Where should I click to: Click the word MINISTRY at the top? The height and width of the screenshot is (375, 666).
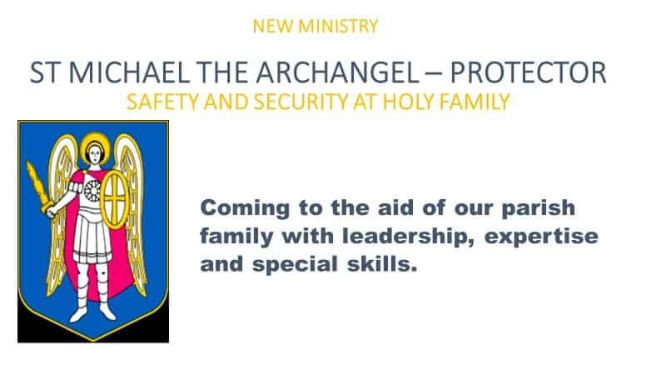pos(338,27)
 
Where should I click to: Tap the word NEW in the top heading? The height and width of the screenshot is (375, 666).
pos(273,27)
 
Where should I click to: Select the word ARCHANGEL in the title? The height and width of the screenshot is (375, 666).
pos(338,72)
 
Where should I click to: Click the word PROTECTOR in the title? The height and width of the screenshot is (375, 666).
pos(528,72)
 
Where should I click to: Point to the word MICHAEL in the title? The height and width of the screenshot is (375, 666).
pos(129,72)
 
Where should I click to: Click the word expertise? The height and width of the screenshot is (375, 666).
pos(542,237)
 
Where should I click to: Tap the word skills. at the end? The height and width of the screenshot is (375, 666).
pos(382,263)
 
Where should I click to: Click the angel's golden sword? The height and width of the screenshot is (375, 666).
pos(39,189)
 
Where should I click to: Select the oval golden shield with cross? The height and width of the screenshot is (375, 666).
pos(114,199)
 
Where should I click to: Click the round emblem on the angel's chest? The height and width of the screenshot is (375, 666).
pos(92,191)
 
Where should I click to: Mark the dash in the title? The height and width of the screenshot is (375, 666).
pos(433,73)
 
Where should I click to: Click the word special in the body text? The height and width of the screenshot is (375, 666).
pos(295,264)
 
